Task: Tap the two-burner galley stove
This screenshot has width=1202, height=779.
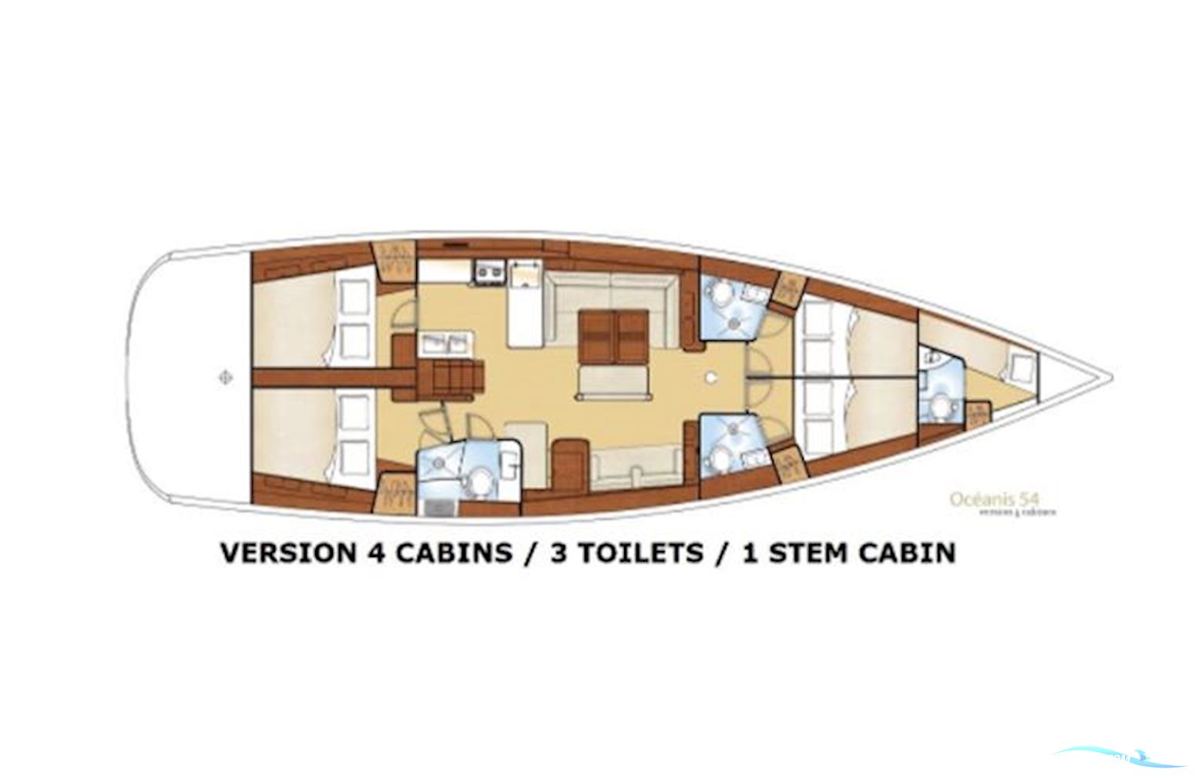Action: pos(488,270)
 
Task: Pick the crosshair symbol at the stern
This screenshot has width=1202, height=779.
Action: pos(225,378)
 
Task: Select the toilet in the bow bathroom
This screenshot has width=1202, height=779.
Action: pos(938,406)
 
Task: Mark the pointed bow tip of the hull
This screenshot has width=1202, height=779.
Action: pos(1110,378)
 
